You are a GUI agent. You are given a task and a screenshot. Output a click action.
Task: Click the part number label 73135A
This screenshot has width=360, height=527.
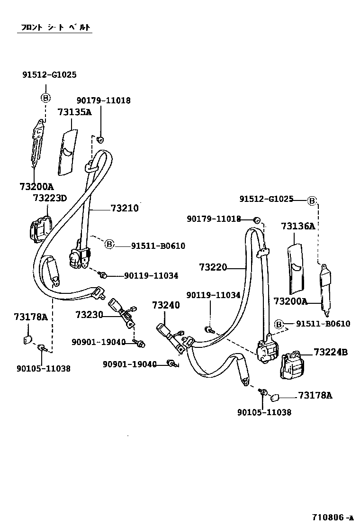[74, 112]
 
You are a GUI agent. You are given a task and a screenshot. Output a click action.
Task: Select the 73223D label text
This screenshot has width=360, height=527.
[50, 198]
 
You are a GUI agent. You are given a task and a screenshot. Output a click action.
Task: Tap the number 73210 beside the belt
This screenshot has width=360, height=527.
[124, 208]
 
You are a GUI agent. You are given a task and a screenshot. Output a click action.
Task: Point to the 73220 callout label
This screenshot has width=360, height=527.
[213, 268]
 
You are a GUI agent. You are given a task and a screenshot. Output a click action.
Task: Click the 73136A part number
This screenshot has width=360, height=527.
[298, 227]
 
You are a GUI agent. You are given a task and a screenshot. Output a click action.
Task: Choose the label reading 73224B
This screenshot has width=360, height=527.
[330, 352]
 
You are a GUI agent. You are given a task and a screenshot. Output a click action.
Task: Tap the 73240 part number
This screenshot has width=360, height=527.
[166, 305]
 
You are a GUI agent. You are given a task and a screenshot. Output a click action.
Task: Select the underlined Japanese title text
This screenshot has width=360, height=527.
[54, 27]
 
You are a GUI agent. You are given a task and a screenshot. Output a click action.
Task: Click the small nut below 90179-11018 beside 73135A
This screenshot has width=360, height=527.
[100, 139]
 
